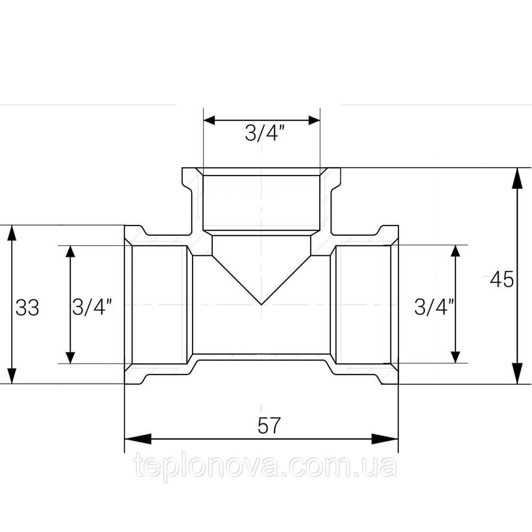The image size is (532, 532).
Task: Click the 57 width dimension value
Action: [x=269, y=426]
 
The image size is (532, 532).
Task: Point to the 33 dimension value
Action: [x=27, y=307]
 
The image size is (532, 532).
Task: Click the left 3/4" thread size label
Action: [x=92, y=307]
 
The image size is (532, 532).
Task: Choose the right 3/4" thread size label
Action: [x=434, y=307]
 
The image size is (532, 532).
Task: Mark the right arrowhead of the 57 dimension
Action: [x=385, y=439]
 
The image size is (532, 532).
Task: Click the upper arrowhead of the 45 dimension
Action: [x=517, y=178]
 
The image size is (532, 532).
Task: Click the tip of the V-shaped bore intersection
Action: [x=261, y=304]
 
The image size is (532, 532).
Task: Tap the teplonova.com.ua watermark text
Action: [x=266, y=467]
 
